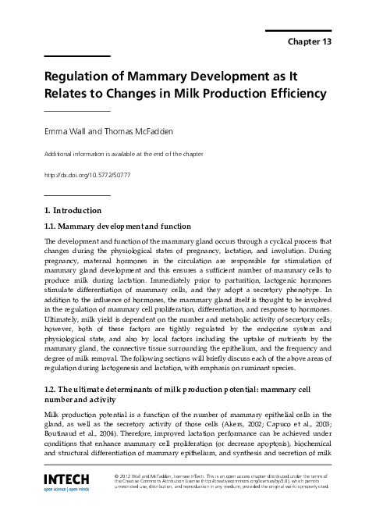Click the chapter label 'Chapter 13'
(311, 41)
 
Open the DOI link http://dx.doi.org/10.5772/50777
(87, 175)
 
